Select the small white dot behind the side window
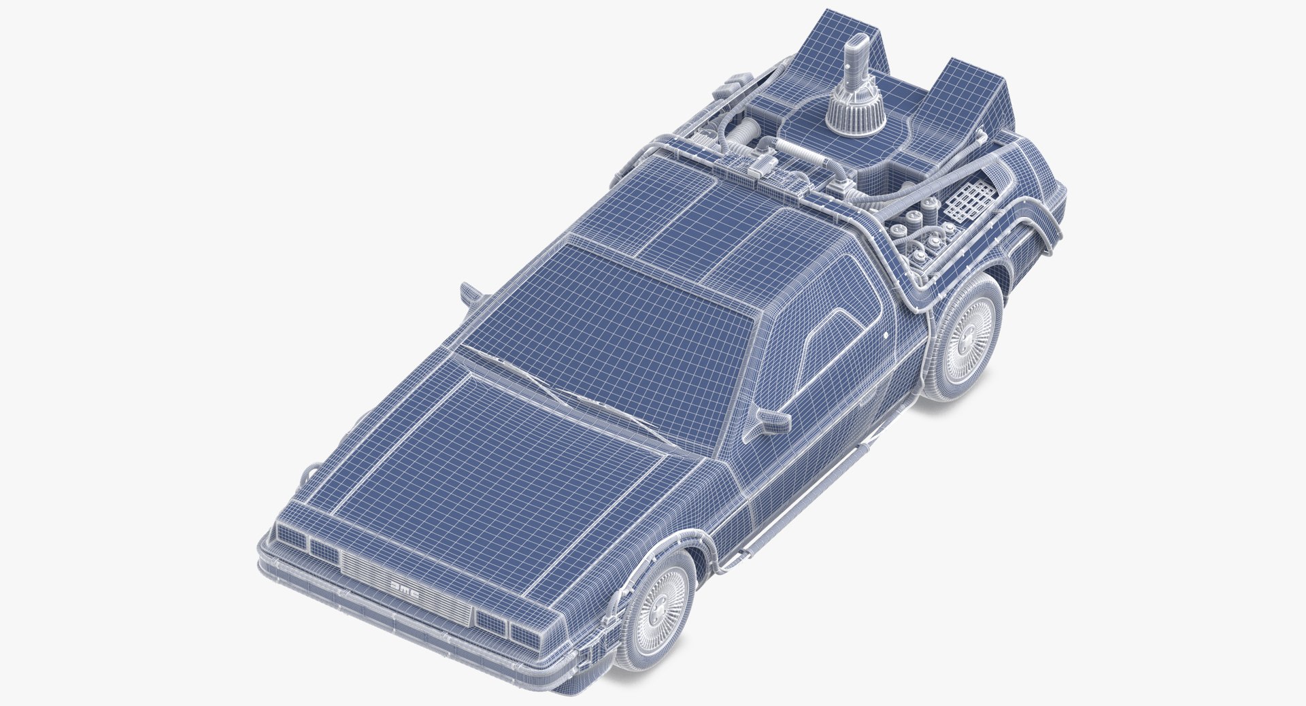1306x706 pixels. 887,337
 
